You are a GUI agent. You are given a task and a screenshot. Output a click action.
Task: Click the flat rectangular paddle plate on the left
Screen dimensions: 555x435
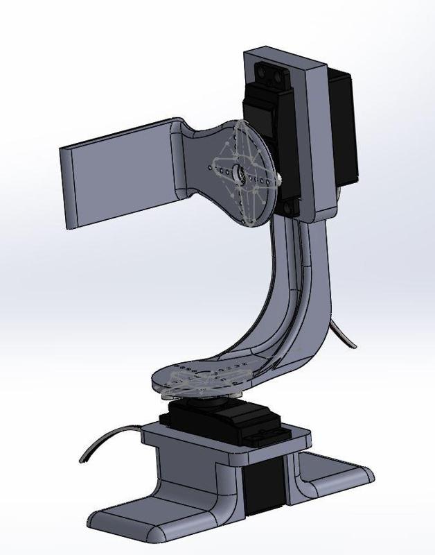[x=118, y=173]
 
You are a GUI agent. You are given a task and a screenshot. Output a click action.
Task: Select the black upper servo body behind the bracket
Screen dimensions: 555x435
[x=342, y=125]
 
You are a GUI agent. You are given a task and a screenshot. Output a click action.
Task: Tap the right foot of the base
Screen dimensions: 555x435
[x=339, y=479]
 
